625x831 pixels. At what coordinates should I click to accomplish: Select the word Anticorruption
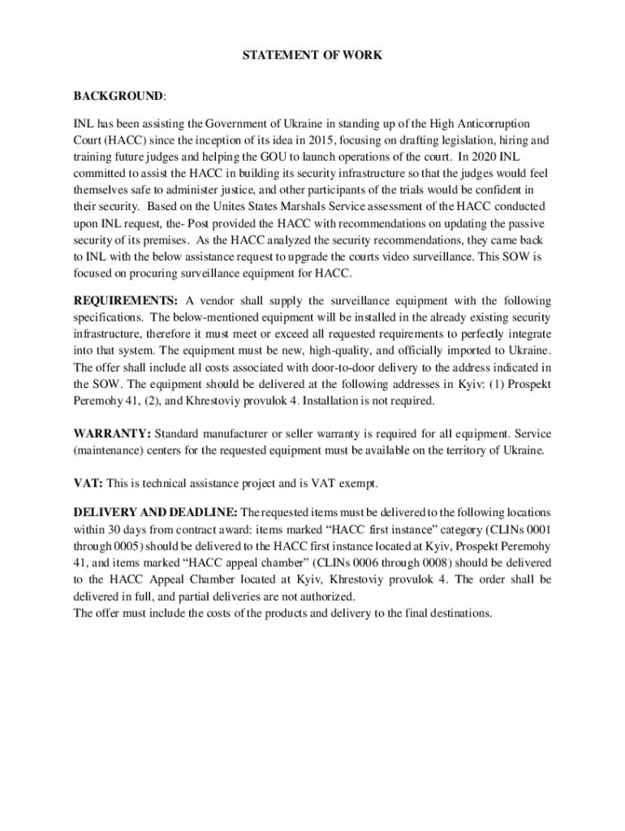tap(491, 123)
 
